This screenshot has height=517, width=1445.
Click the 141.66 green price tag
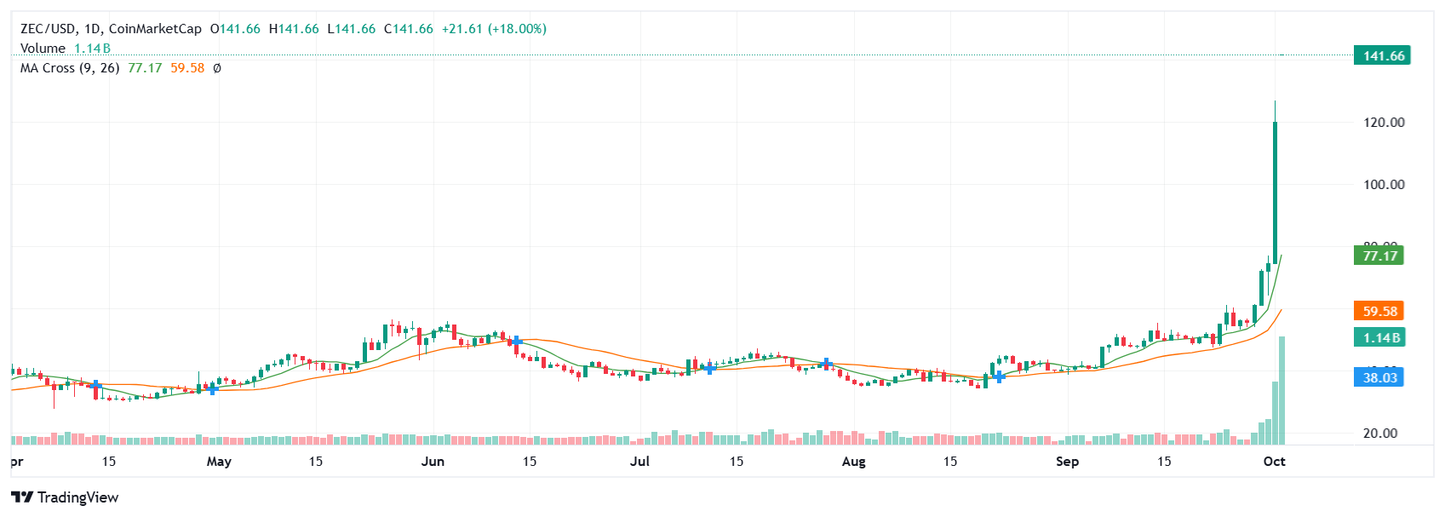pyautogui.click(x=1383, y=56)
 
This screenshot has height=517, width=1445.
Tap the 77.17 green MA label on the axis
pyautogui.click(x=1379, y=256)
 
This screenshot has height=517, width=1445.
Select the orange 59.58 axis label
pyautogui.click(x=1379, y=312)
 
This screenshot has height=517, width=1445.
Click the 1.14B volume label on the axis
pyautogui.click(x=1379, y=338)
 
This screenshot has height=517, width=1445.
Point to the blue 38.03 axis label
pyautogui.click(x=1379, y=377)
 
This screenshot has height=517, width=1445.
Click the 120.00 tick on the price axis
pyautogui.click(x=1384, y=123)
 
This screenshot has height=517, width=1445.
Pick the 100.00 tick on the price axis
pyautogui.click(x=1384, y=185)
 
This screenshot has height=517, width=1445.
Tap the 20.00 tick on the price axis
pyautogui.click(x=1380, y=434)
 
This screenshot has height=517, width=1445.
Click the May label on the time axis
pyautogui.click(x=219, y=462)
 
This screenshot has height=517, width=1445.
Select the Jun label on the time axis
pyautogui.click(x=433, y=462)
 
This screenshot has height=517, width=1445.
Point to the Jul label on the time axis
pyautogui.click(x=639, y=462)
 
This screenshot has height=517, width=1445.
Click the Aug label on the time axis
pyautogui.click(x=853, y=462)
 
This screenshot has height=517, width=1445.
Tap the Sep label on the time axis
pyautogui.click(x=1067, y=462)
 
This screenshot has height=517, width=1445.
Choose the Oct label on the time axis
pyautogui.click(x=1274, y=462)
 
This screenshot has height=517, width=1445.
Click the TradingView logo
pyautogui.click(x=65, y=497)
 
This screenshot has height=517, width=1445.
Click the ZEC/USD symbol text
pyautogui.click(x=48, y=29)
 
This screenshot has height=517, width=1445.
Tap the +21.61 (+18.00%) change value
pyautogui.click(x=494, y=29)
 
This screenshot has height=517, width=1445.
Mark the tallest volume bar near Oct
pyautogui.click(x=1282, y=390)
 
